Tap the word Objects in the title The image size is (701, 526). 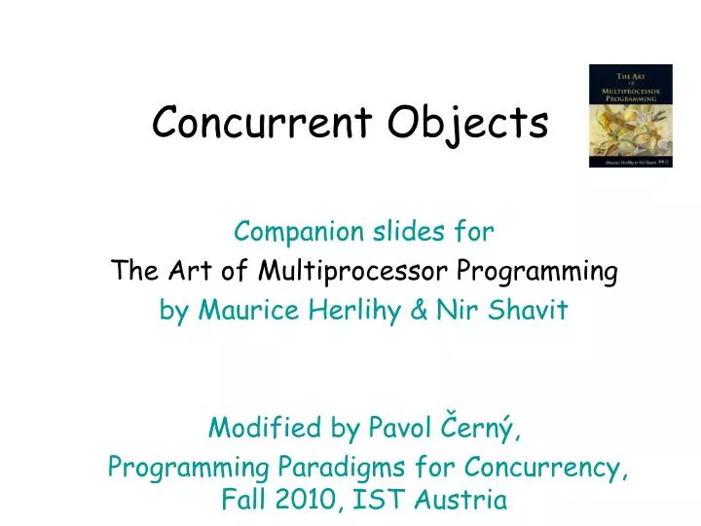pyautogui.click(x=468, y=125)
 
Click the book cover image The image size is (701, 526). pyautogui.click(x=630, y=116)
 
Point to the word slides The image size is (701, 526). pyautogui.click(x=409, y=232)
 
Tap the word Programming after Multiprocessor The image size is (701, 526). pyautogui.click(x=537, y=272)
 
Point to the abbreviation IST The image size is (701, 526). pyautogui.click(x=378, y=501)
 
